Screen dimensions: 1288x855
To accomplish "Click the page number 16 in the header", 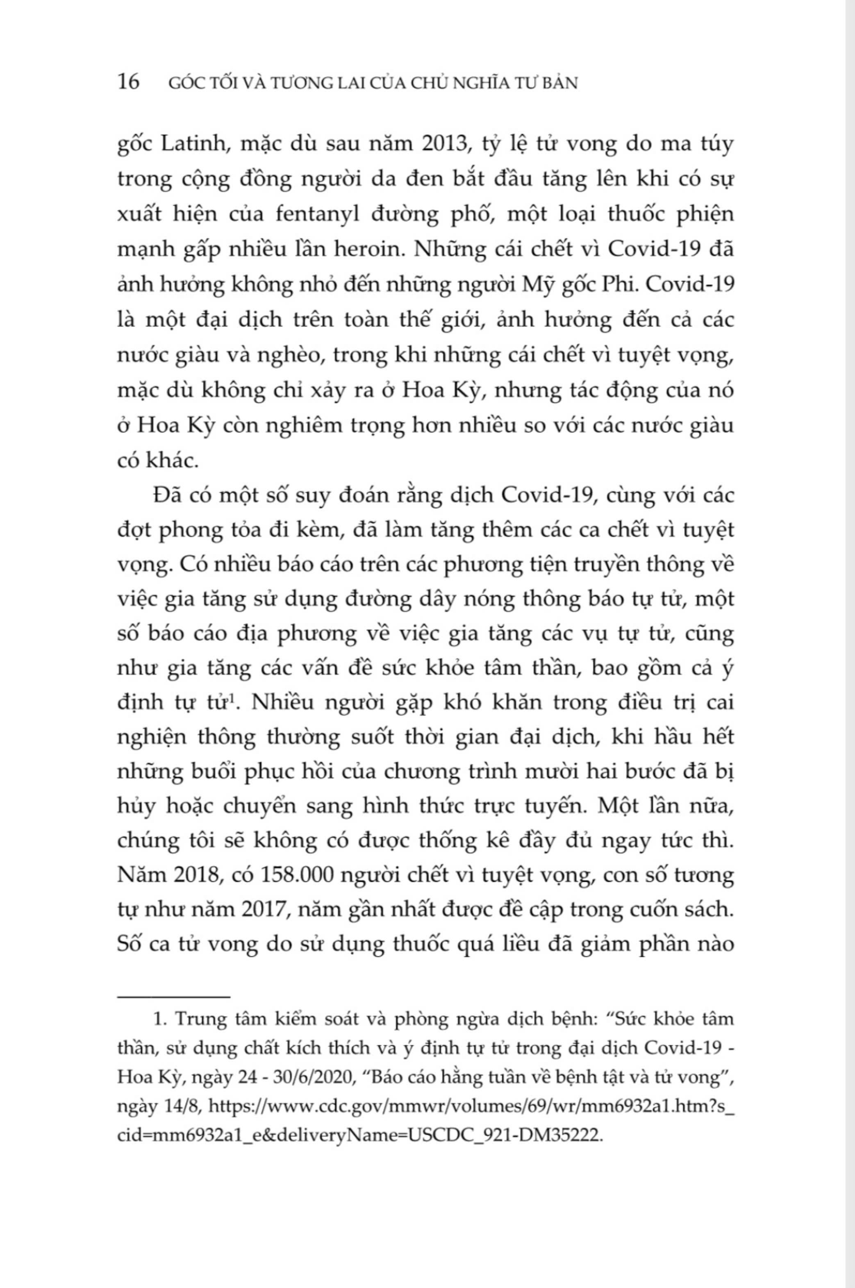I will click(x=129, y=82).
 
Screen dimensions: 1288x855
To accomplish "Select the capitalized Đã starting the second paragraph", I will click(x=167, y=495).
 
